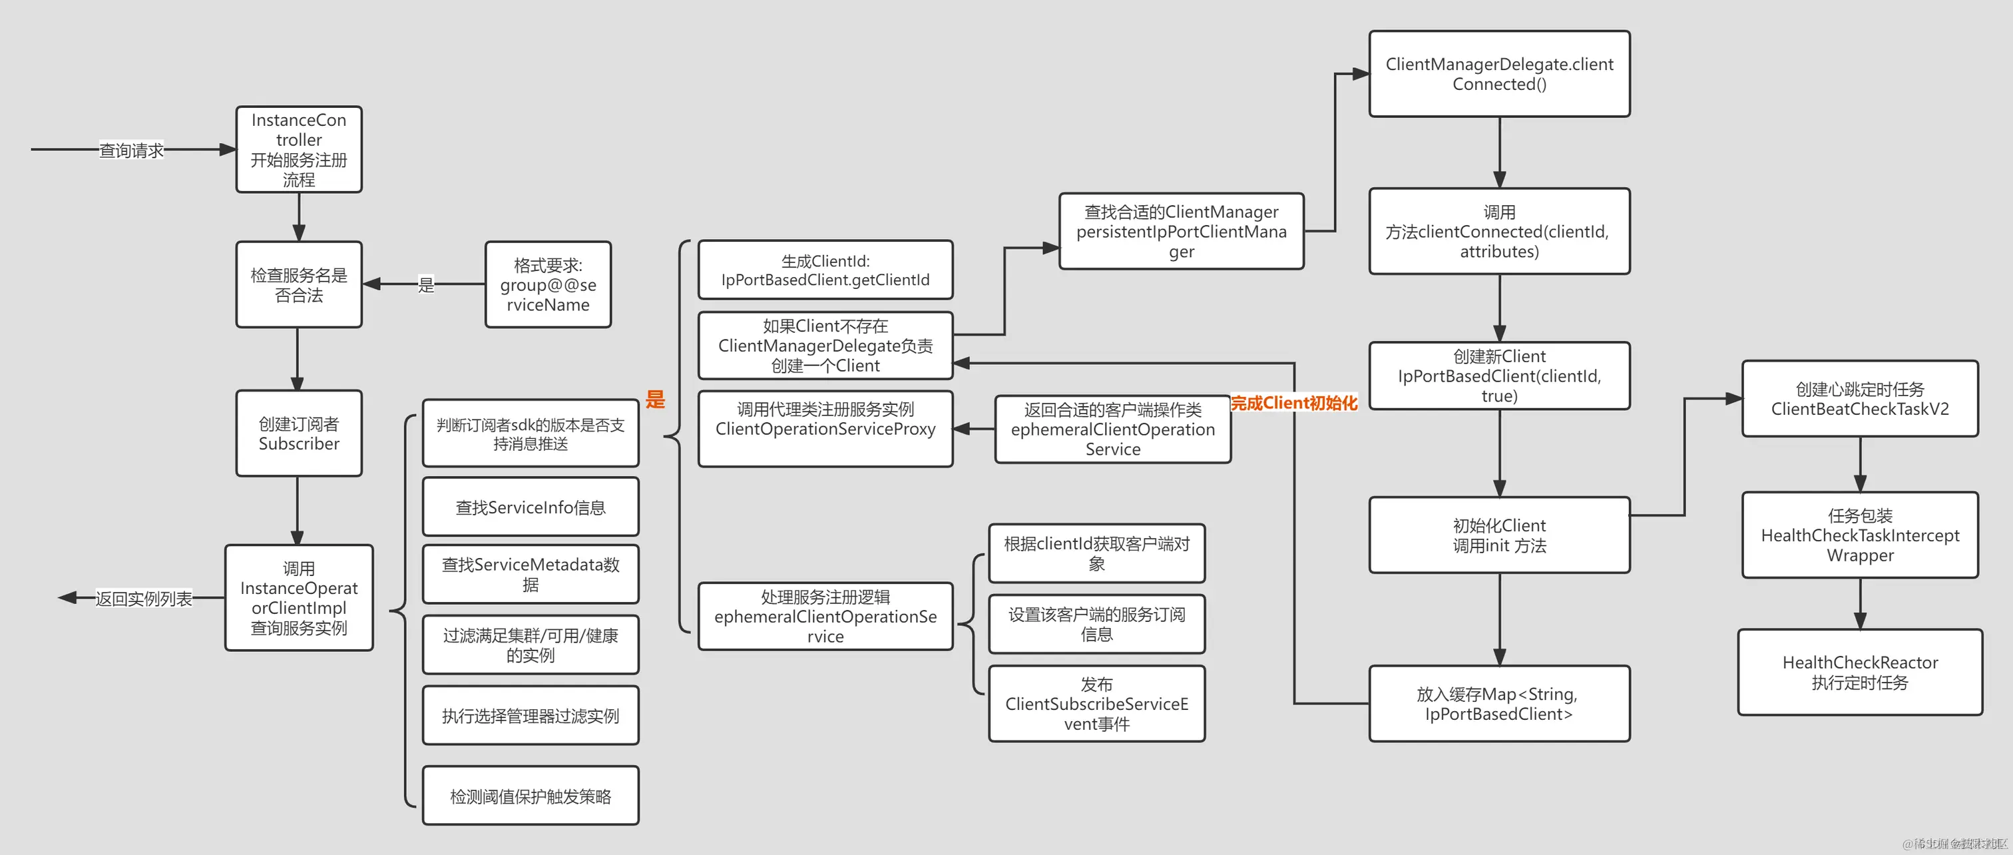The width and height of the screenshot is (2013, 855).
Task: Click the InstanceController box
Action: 298,149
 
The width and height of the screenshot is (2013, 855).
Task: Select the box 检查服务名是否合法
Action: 298,284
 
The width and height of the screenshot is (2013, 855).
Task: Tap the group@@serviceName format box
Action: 548,284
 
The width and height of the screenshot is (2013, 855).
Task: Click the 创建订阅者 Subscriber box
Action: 298,433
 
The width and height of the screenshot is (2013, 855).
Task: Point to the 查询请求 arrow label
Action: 131,150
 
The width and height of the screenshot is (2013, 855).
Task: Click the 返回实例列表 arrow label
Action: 144,599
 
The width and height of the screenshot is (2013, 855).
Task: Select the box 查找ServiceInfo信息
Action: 531,507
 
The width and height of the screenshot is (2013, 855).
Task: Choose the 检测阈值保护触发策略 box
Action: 531,796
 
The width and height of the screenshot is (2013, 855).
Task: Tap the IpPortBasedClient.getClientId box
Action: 825,270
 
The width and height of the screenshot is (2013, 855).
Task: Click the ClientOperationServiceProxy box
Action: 825,428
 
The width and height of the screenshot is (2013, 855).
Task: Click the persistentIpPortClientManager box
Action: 1181,231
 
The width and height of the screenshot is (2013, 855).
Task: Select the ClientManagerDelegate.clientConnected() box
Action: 1499,74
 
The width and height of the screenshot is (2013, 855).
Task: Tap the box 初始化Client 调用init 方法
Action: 1499,535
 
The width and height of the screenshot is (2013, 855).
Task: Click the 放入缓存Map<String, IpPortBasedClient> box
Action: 1499,703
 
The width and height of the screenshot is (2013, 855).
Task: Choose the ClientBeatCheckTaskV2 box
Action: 1860,399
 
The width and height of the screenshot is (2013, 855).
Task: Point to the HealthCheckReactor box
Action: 1860,672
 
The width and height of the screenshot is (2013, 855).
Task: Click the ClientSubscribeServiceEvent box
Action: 1096,703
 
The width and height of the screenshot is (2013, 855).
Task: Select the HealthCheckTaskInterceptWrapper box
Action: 1860,535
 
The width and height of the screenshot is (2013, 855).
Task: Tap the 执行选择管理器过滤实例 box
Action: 531,715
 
